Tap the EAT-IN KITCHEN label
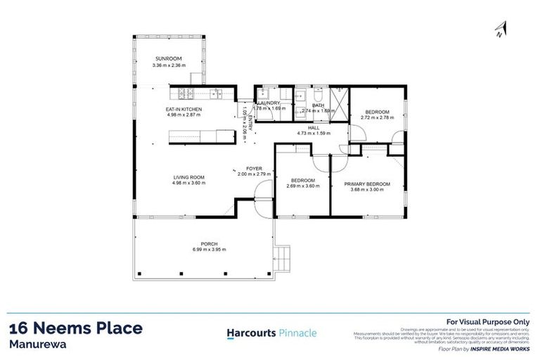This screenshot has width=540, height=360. [184, 110]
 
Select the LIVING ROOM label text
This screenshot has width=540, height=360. [188, 177]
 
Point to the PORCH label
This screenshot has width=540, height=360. [209, 243]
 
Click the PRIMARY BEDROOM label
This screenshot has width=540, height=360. [366, 184]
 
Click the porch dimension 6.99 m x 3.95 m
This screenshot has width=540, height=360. [209, 250]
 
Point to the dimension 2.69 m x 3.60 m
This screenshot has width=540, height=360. [302, 186]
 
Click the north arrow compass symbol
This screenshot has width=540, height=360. [500, 29]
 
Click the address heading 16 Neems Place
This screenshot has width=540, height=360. [76, 328]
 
